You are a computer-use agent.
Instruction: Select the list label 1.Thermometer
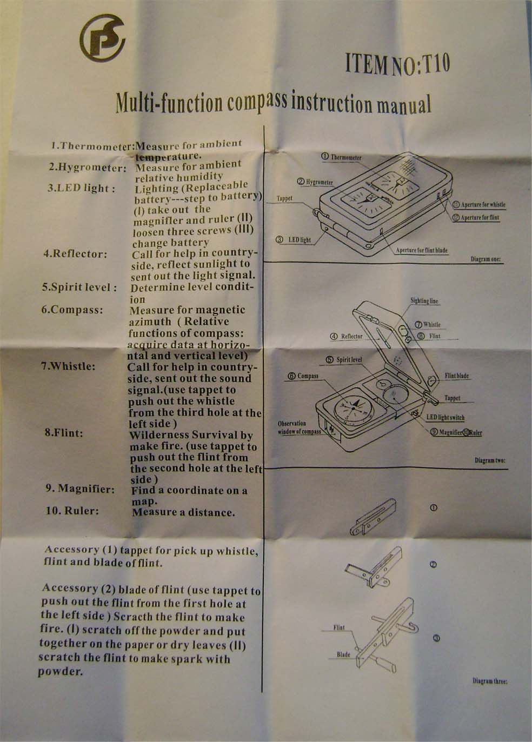92,146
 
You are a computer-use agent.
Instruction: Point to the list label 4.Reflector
75,254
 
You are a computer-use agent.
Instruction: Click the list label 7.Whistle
68,367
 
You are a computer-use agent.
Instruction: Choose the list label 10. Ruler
72,511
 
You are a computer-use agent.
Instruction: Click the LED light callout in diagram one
294,239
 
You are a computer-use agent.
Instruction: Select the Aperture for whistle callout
480,205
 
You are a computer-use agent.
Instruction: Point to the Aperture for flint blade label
422,250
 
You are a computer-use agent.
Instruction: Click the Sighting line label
424,301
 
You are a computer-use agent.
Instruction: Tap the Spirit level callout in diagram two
344,360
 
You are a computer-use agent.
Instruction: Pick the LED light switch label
445,417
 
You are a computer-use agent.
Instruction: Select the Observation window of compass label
300,427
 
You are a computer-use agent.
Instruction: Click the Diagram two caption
490,460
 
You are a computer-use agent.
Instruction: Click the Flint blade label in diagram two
457,376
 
